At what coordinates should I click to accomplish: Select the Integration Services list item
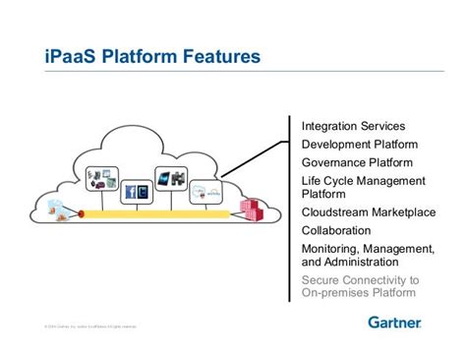(x=353, y=127)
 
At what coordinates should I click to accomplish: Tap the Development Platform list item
(x=353, y=145)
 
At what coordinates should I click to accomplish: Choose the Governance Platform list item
(x=357, y=162)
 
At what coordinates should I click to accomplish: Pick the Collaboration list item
(x=336, y=230)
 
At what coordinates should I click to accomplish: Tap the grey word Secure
(x=322, y=280)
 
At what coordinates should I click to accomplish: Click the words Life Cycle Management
(x=363, y=181)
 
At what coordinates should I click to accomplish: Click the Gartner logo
(x=394, y=323)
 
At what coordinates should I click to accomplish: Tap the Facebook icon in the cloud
(x=129, y=193)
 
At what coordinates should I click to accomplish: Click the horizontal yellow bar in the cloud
(x=157, y=212)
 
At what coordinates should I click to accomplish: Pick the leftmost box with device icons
(x=101, y=179)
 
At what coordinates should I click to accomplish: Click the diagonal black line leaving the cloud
(x=256, y=158)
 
